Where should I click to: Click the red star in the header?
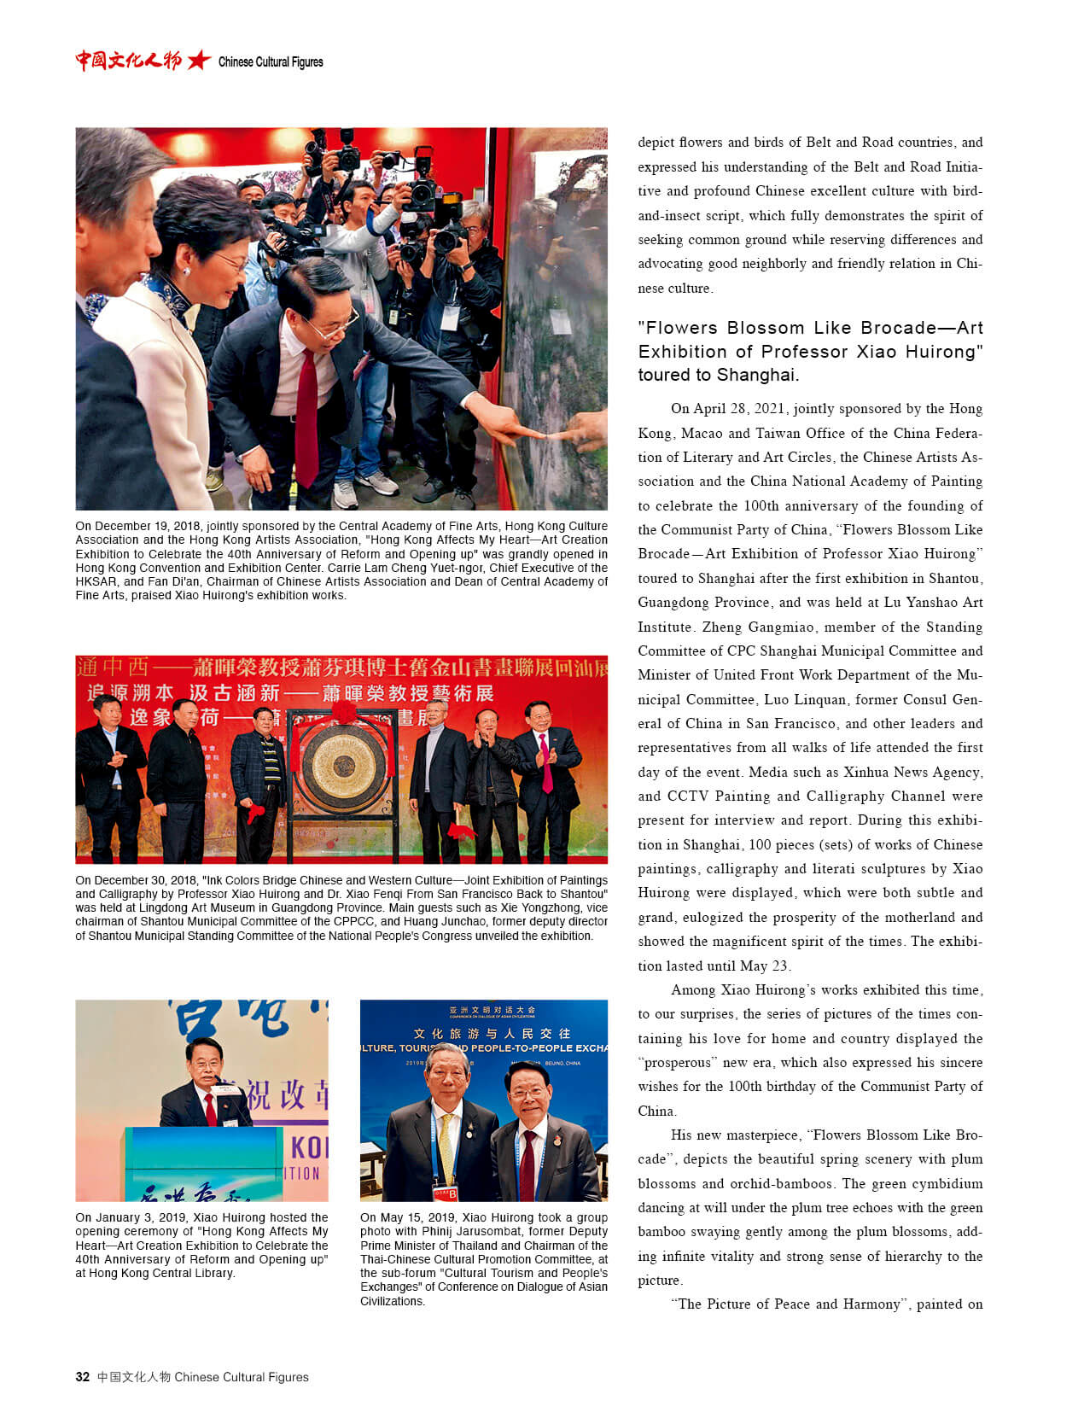point(198,60)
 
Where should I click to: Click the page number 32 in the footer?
point(82,1376)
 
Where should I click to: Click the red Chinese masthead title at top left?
point(128,61)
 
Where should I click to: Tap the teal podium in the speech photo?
point(204,1161)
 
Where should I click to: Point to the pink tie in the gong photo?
point(545,761)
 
